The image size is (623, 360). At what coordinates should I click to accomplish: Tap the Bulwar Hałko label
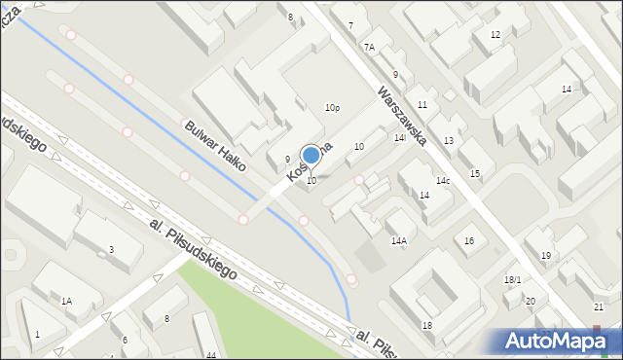pyautogui.click(x=215, y=145)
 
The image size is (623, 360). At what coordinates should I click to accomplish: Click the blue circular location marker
pyautogui.click(x=311, y=155)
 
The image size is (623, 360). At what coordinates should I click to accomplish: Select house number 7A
pyautogui.click(x=369, y=47)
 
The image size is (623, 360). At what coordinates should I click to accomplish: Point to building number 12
pyautogui.click(x=495, y=35)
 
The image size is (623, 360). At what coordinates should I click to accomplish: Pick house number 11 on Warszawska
pyautogui.click(x=422, y=104)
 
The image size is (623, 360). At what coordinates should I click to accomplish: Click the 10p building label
pyautogui.click(x=332, y=108)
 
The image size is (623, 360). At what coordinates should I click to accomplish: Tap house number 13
pyautogui.click(x=448, y=141)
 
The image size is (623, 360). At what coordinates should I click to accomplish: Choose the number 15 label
pyautogui.click(x=475, y=173)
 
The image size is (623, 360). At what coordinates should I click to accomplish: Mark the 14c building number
pyautogui.click(x=443, y=181)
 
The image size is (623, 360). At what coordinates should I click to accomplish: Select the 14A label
pyautogui.click(x=398, y=240)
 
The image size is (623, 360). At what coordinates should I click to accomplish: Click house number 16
pyautogui.click(x=469, y=240)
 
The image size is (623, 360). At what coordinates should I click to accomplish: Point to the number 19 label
pyautogui.click(x=546, y=255)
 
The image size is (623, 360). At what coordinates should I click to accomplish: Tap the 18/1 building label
pyautogui.click(x=512, y=280)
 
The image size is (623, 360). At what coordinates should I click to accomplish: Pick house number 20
pyautogui.click(x=530, y=302)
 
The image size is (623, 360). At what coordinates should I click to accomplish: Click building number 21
pyautogui.click(x=598, y=307)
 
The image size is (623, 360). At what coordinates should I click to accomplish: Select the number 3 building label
pyautogui.click(x=111, y=250)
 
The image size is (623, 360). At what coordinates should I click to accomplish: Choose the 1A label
pyautogui.click(x=66, y=302)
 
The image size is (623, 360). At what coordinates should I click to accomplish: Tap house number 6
pyautogui.click(x=125, y=340)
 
